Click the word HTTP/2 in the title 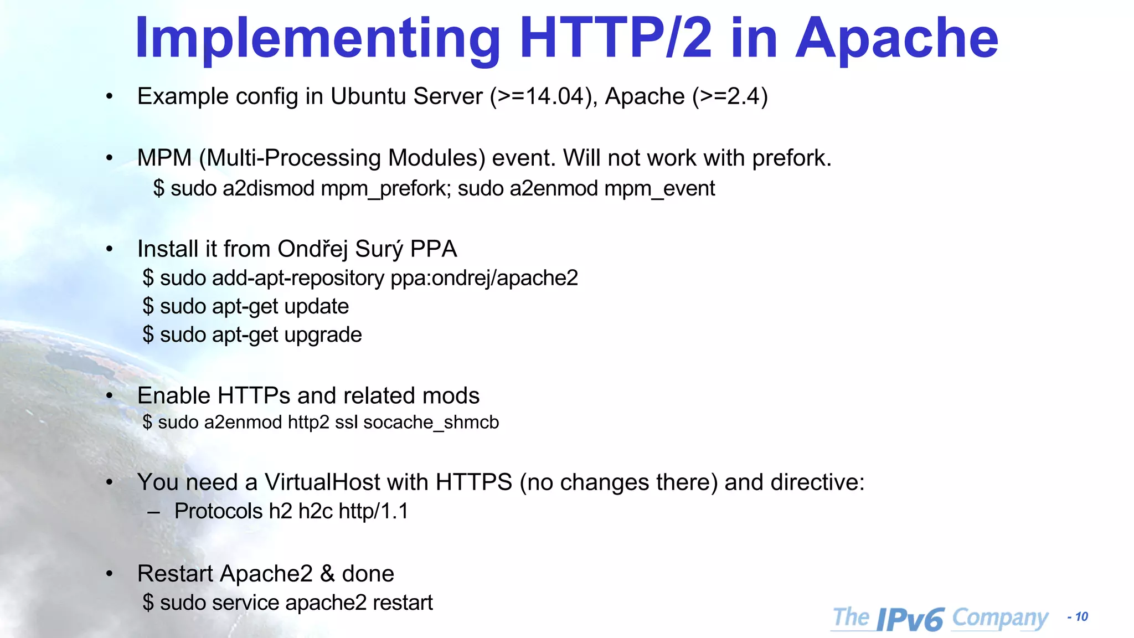click(615, 38)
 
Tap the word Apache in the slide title click(896, 38)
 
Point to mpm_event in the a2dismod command click(659, 189)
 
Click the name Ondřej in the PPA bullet click(313, 249)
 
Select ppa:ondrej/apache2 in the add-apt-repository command click(484, 278)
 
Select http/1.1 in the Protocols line click(373, 511)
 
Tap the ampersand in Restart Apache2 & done click(327, 574)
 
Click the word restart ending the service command click(403, 603)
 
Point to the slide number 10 click(1081, 617)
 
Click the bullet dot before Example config click(110, 97)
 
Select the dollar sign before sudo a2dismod click(158, 189)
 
